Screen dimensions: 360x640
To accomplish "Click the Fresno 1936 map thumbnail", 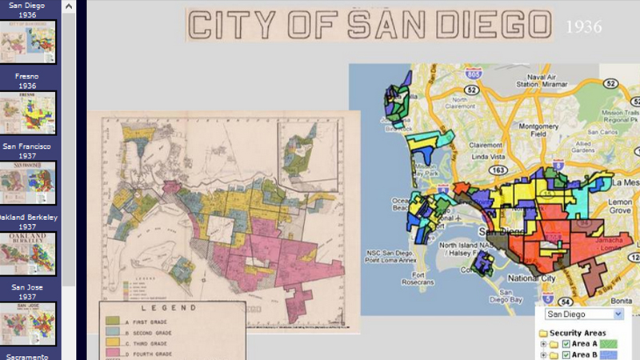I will [x=29, y=113].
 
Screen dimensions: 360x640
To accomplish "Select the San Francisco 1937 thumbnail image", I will [x=29, y=182].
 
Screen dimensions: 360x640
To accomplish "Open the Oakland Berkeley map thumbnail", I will [x=29, y=254].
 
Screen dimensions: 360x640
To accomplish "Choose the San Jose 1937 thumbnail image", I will [x=29, y=323].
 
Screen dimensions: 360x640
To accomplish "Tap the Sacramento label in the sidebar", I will [x=29, y=356].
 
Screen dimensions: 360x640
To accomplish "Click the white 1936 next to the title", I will [x=583, y=27].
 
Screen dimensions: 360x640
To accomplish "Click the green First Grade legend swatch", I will [x=113, y=321].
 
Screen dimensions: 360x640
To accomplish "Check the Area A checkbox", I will [x=566, y=344].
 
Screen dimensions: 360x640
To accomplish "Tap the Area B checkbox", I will [x=566, y=354].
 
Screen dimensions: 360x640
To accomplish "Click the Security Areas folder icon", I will [x=543, y=333].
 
